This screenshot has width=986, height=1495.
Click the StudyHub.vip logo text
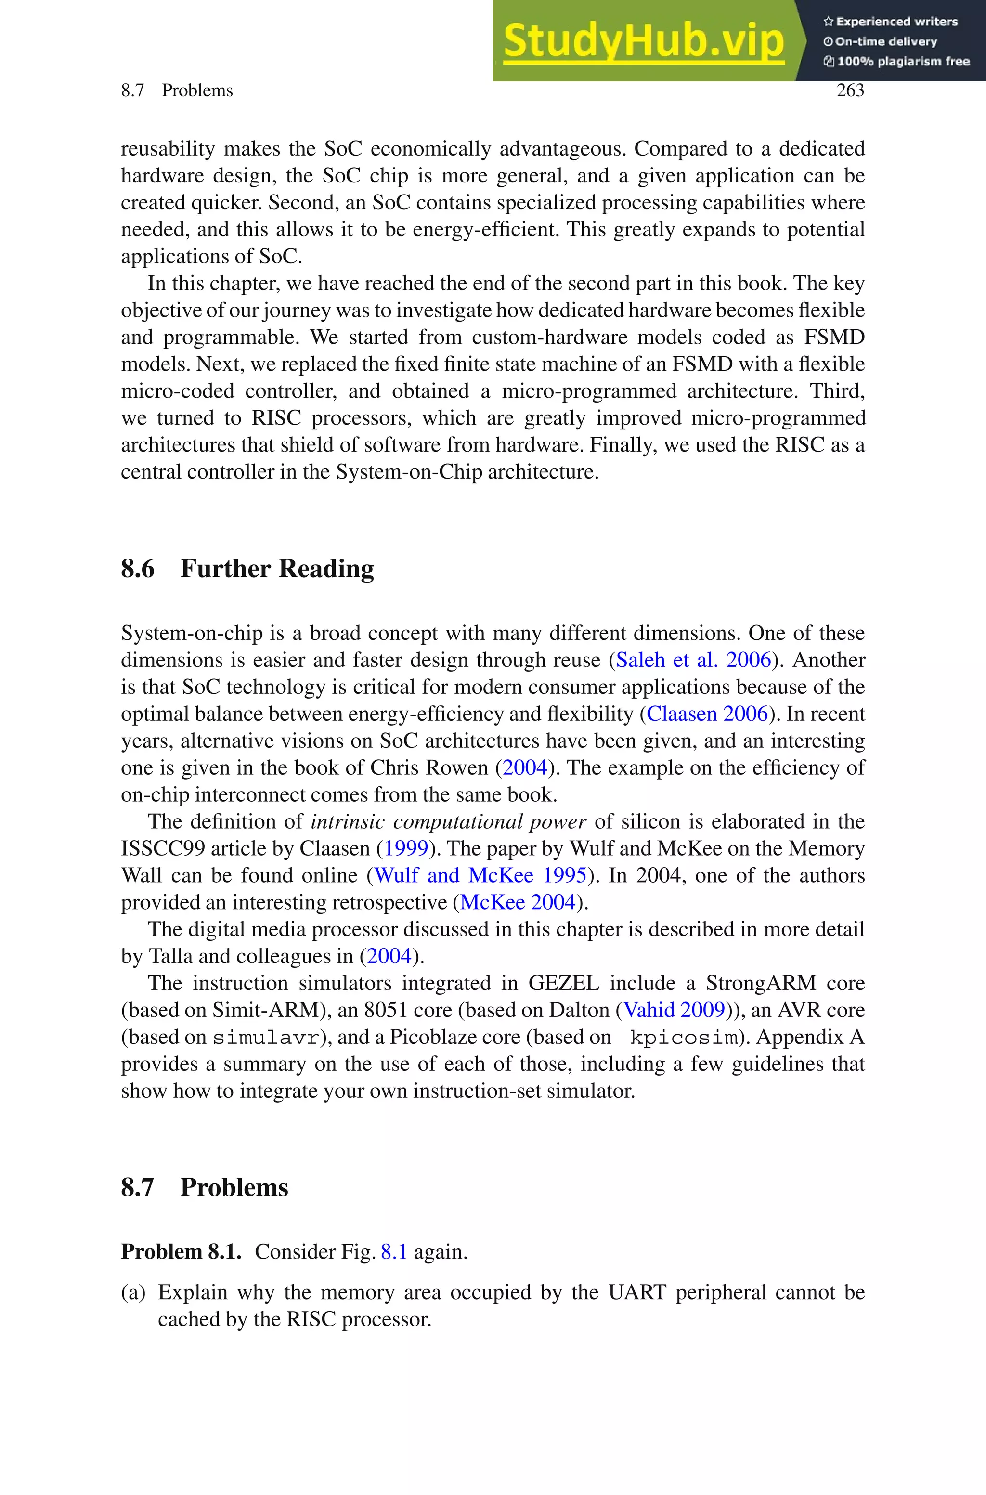pos(643,41)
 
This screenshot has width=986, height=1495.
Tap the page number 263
pos(850,91)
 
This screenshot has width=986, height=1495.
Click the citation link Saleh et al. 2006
pos(693,660)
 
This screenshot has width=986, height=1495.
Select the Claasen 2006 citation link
pos(707,714)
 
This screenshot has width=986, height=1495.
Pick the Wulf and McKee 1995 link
pos(480,876)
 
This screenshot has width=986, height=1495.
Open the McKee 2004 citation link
pos(518,903)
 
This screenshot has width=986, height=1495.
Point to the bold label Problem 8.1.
pos(181,1252)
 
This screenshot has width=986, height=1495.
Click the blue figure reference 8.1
pos(394,1252)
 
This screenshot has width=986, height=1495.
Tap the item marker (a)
pos(133,1293)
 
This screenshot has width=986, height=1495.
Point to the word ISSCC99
pos(162,849)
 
